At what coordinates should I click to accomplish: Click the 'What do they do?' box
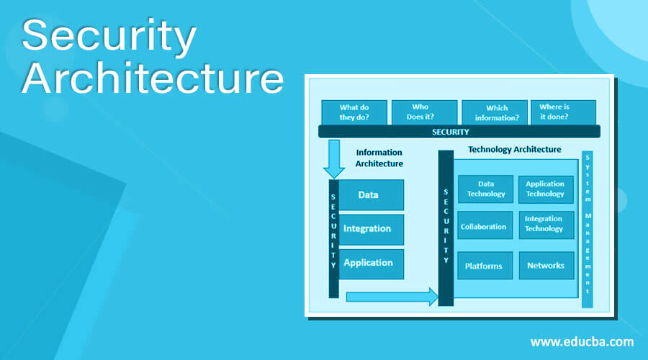pyautogui.click(x=354, y=112)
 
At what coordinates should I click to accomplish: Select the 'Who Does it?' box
pyautogui.click(x=420, y=112)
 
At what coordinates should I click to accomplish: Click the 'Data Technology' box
pyautogui.click(x=485, y=189)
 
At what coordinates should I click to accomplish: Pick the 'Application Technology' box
pyautogui.click(x=545, y=189)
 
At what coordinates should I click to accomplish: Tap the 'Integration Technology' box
pyautogui.click(x=545, y=224)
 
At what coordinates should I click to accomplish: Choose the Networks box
pyautogui.click(x=545, y=266)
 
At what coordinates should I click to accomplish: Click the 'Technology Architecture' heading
pyautogui.click(x=514, y=150)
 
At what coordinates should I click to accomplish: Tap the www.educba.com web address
pyautogui.click(x=582, y=341)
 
